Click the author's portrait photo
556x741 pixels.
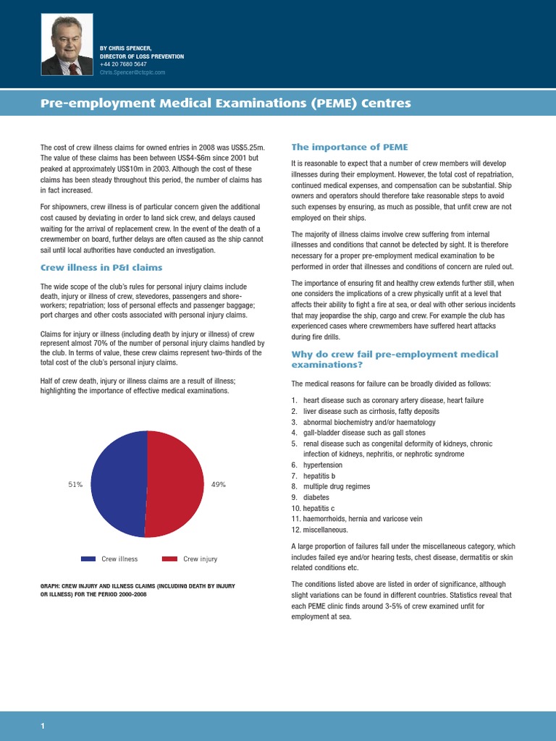tap(67, 46)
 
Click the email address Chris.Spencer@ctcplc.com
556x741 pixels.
tap(132, 72)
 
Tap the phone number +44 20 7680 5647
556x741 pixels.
tap(123, 64)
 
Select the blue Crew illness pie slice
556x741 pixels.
tap(118, 483)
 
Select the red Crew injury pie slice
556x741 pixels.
tap(175, 483)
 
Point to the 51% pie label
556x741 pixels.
tap(75, 484)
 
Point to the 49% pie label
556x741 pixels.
tap(219, 484)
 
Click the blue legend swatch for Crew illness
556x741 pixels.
tap(88, 559)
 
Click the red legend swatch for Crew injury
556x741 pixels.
tap(169, 559)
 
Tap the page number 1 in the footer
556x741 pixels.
tap(43, 726)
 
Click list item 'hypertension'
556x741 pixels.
tap(323, 465)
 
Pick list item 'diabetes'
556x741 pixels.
tap(316, 497)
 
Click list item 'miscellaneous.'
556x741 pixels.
tap(327, 530)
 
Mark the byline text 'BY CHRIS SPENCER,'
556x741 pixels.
tap(125, 48)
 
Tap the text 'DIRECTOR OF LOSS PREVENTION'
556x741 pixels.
tap(142, 56)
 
